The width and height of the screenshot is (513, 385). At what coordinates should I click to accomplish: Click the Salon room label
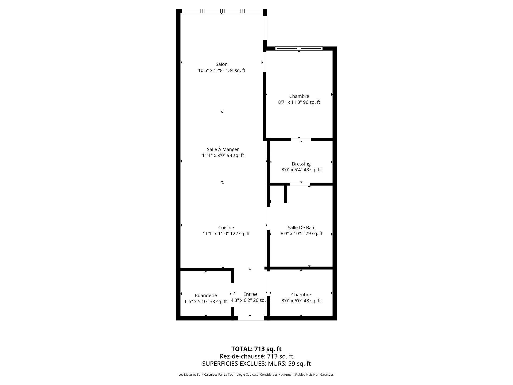221,64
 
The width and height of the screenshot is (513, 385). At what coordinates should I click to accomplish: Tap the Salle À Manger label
223,149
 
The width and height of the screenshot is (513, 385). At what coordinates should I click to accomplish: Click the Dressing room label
301,164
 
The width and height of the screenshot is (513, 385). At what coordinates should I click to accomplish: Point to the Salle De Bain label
301,228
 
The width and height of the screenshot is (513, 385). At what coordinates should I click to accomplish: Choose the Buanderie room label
206,295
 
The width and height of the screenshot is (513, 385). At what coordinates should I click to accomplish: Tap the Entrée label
250,294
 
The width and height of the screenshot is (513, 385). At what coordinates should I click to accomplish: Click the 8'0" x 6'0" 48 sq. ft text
301,301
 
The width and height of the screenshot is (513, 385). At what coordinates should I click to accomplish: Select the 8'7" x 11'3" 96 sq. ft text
299,102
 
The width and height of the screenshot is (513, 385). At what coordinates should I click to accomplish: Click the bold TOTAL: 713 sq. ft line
256,349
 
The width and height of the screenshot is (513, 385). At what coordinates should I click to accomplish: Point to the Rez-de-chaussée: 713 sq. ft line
256,356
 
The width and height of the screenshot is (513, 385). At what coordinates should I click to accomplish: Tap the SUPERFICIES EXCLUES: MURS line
256,364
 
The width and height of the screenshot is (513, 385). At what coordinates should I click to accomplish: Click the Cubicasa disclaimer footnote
256,375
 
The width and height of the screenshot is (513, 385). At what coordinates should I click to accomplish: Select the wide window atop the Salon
222,11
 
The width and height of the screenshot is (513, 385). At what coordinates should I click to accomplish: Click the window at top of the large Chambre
299,48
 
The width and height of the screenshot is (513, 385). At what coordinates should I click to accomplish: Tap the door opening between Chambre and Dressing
301,140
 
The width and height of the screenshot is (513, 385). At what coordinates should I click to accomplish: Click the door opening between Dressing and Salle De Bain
300,184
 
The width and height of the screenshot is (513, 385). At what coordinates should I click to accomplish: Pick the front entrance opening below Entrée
251,318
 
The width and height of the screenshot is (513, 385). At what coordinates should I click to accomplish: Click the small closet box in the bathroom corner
277,192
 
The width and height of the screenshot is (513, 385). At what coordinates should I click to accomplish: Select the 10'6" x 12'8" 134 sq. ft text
221,71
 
